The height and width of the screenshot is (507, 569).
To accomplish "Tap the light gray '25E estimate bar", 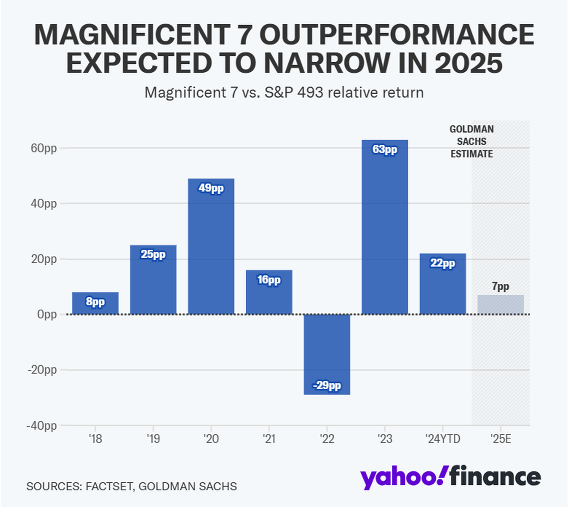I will (500, 304).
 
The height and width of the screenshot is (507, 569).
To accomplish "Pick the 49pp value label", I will (211, 188).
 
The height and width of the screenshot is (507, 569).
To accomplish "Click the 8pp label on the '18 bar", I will (95, 301).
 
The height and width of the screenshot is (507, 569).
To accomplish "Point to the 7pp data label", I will (500, 286).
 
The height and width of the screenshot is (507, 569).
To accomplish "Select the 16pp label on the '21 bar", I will (269, 280).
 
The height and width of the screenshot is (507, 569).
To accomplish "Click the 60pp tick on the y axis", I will (44, 148).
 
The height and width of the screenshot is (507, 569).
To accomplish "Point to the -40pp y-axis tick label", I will (42, 425).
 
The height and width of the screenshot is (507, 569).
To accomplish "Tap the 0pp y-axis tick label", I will (46, 314).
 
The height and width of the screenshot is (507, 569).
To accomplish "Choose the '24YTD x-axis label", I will (442, 439).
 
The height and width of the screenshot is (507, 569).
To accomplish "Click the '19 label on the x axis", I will (153, 439).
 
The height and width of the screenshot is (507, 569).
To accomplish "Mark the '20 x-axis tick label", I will (211, 439).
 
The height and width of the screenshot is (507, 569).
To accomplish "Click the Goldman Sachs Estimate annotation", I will (471, 141).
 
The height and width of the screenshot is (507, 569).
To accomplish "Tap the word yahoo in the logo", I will (404, 477).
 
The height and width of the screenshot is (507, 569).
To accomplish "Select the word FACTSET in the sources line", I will (109, 486).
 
